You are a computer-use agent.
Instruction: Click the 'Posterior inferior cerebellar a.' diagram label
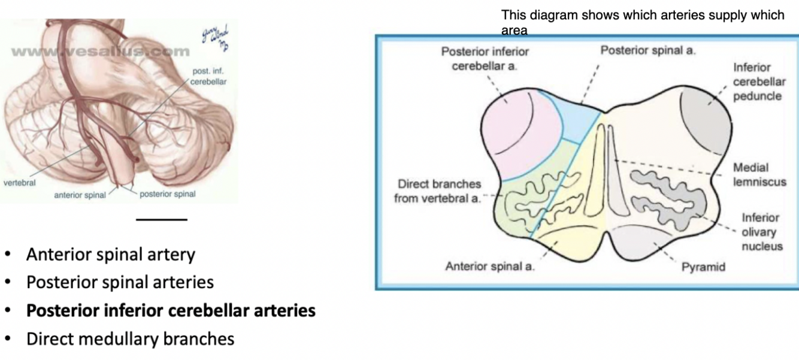485,58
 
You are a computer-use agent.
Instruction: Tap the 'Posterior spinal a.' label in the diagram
648,50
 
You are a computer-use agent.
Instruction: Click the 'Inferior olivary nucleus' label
761,232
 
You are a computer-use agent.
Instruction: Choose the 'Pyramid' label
703,267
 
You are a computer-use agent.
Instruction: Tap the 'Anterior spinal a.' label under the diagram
490,267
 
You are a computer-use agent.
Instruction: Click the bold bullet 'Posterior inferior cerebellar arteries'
171,311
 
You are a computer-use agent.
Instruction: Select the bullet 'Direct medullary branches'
130,339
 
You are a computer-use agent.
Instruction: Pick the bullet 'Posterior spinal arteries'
120,282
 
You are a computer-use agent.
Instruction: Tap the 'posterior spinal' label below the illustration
167,194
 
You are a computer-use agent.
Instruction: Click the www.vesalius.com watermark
99,52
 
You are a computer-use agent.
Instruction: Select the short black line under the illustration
162,219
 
